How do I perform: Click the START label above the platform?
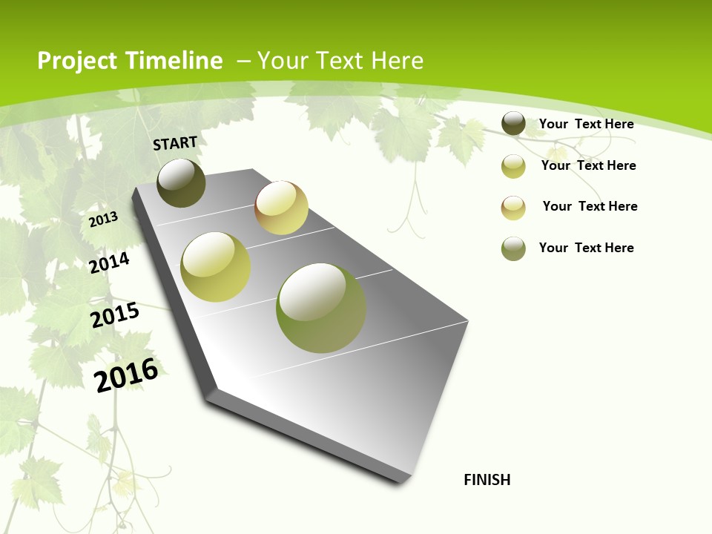tap(175, 142)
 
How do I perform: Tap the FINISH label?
tap(487, 479)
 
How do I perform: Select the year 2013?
tap(103, 220)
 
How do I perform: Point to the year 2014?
tap(109, 263)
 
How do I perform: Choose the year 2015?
tap(114, 315)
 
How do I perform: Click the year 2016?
tap(126, 375)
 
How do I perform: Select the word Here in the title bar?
tap(398, 61)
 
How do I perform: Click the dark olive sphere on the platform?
tap(182, 183)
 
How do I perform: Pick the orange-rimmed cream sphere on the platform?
tap(281, 208)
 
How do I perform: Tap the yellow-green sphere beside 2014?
tap(216, 267)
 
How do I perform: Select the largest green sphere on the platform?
tap(321, 308)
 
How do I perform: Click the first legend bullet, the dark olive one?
tap(513, 124)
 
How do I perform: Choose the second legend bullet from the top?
tap(513, 166)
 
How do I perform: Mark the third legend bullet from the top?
tap(513, 208)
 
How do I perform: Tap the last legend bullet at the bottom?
tap(513, 248)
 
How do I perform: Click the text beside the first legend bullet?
tap(586, 124)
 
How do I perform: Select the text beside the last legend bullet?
tap(586, 248)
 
